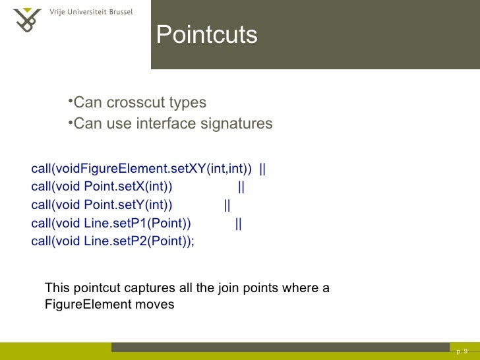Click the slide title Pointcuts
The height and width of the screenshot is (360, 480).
point(206,35)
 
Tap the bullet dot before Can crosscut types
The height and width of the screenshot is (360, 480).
point(70,102)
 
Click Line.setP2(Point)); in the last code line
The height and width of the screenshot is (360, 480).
point(139,241)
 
